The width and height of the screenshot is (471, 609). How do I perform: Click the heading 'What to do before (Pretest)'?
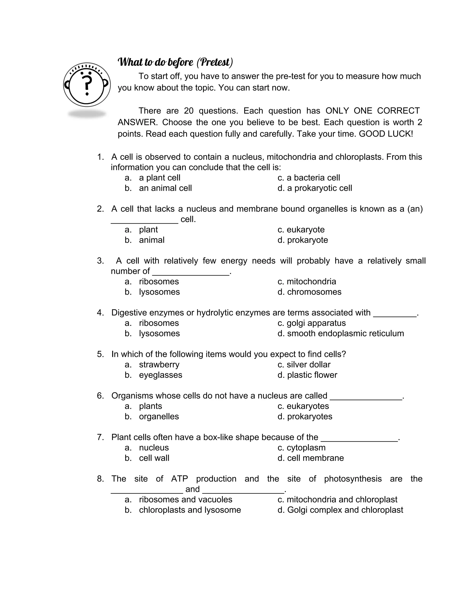point(175,62)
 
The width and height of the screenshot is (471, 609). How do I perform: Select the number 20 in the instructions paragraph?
point(189,111)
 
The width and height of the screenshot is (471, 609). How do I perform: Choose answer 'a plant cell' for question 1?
point(160,178)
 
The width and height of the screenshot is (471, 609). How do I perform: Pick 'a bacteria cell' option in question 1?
point(313,178)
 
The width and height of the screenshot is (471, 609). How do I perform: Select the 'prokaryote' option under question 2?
point(307,240)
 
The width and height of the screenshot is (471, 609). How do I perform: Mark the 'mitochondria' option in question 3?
point(311,281)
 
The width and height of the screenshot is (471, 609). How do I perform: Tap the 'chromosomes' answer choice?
point(314,292)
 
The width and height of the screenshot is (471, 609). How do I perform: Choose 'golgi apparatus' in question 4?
point(316,323)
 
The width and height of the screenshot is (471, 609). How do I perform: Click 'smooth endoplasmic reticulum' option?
point(345,333)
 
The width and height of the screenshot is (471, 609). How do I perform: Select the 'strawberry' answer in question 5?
point(159,364)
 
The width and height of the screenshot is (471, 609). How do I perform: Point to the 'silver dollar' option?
point(308,364)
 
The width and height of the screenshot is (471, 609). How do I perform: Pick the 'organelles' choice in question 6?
point(159,416)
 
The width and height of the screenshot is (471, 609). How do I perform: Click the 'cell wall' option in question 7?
point(154,458)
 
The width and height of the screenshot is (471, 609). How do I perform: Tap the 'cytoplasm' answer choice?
point(306,447)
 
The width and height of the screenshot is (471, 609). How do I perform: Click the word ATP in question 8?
point(179,479)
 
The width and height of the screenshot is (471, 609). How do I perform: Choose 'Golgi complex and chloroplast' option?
point(345,510)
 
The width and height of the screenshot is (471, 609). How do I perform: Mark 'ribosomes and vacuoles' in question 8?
point(186,499)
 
